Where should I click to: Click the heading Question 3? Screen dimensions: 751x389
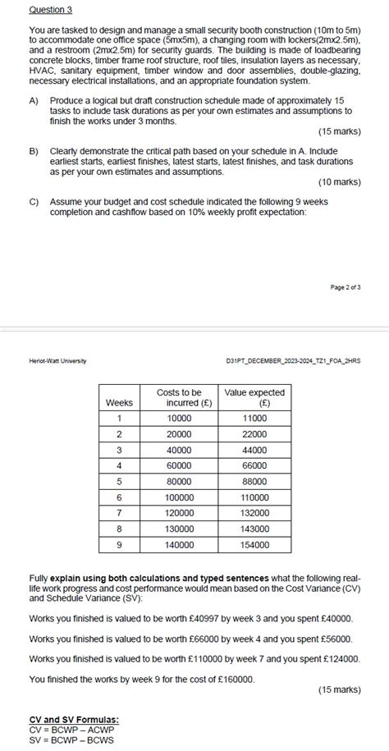point(50,10)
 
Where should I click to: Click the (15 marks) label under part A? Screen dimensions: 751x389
point(339,131)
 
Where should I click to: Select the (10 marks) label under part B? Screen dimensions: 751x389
point(339,182)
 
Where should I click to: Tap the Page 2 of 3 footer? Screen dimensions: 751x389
point(346,286)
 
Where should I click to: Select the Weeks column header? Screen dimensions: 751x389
point(119,403)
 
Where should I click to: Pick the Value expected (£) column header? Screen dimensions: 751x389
point(254,398)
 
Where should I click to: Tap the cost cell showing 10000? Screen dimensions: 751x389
point(179,418)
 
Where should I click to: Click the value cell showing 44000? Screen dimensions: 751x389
point(254,450)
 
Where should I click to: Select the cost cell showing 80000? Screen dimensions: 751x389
point(179,481)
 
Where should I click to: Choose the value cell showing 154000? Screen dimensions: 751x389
point(254,544)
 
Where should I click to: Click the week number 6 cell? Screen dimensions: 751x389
point(119,497)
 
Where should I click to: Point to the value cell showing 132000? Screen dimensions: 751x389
point(254,513)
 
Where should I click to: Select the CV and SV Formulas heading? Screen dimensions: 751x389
point(73,719)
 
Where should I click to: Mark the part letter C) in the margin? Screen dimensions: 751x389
point(34,201)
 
